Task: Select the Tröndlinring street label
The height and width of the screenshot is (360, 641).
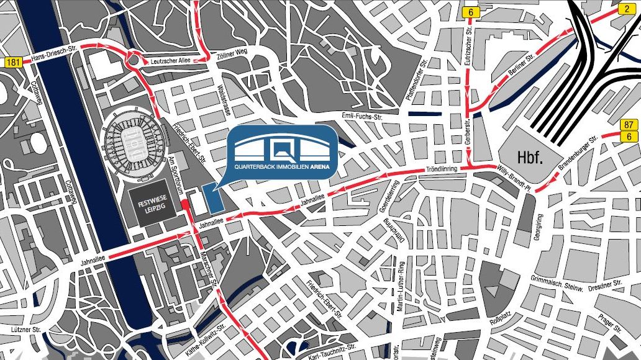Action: click(x=442, y=169)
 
